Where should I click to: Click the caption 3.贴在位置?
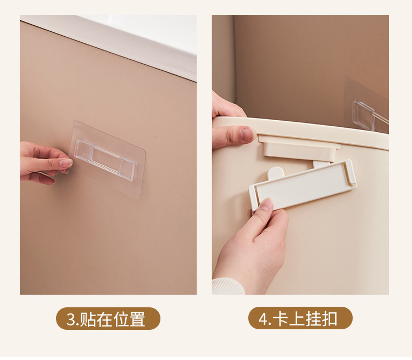108,318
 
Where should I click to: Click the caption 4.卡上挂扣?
300,318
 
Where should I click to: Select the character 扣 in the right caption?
330,318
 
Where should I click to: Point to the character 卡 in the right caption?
281,318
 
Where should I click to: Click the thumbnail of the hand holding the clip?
266,205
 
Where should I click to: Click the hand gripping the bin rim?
231,126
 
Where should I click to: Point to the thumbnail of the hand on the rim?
247,133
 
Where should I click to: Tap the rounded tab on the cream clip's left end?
276,173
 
